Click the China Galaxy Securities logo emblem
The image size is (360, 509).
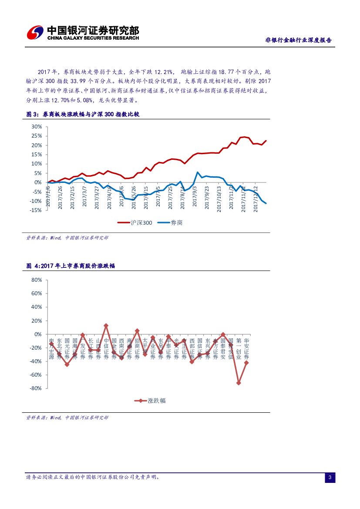35,33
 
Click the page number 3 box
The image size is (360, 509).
330,478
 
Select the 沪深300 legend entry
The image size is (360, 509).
135,222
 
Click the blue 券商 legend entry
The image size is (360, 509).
170,222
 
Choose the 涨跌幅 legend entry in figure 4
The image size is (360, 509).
150,401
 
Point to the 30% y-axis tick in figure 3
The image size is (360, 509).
36,127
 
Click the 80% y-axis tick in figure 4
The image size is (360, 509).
36,280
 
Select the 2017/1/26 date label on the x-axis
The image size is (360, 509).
61,196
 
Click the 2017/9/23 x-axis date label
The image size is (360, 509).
207,196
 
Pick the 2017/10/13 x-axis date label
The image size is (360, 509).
219,198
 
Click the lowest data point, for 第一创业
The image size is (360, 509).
239,383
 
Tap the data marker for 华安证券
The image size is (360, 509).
246,363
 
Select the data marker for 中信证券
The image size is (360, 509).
106,326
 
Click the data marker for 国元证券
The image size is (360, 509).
67,364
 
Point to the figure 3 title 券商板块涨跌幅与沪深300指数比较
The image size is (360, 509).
91,114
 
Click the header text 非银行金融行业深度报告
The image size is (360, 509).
298,40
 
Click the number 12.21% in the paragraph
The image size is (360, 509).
164,71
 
